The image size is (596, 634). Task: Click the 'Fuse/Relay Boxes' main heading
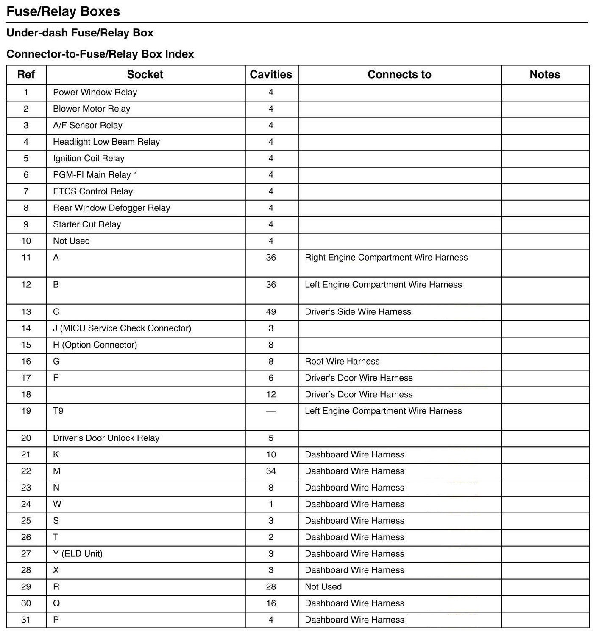(63, 11)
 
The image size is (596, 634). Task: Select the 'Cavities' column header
(271, 75)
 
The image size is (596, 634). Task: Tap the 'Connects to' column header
(399, 75)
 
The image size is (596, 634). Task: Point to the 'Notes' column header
(545, 75)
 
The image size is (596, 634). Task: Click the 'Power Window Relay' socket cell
(95, 93)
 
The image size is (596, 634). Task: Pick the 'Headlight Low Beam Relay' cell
(106, 142)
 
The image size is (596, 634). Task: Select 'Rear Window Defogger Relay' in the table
(111, 208)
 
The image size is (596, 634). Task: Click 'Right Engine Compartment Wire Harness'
(386, 258)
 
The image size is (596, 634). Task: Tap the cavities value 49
(271, 312)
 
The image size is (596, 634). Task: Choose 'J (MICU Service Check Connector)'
(122, 328)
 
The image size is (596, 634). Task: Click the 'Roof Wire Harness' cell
(342, 362)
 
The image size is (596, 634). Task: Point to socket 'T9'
(58, 411)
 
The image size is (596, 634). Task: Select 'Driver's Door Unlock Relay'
(106, 438)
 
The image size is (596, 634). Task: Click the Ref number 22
(26, 471)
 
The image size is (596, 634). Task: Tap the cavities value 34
(271, 471)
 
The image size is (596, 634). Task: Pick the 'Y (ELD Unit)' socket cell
(78, 554)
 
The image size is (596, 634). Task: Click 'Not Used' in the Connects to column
(323, 587)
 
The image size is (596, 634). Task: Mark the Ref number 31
(26, 620)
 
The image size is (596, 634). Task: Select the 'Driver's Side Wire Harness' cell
(358, 312)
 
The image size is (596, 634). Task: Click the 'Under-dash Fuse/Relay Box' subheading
(80, 33)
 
